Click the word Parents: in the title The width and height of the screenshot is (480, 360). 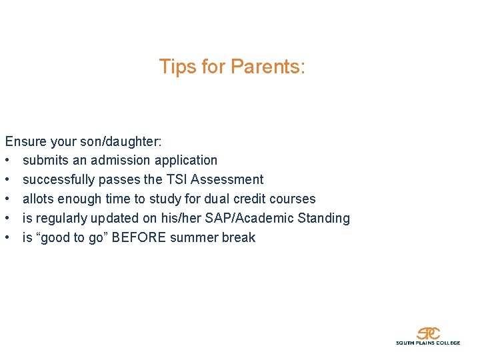point(267,67)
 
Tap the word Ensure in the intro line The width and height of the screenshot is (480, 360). point(26,141)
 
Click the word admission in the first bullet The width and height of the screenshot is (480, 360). point(121,161)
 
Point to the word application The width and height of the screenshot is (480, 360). point(186,161)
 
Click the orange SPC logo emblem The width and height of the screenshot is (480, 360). point(428,333)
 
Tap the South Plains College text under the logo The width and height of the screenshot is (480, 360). point(428,343)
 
